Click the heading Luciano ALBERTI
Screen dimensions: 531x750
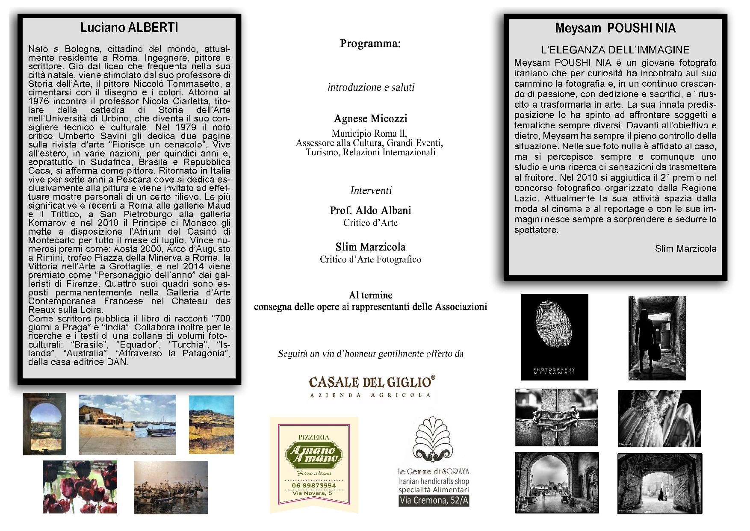(x=129, y=28)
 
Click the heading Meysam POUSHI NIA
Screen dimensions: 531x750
(x=615, y=28)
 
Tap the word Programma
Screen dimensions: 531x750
(x=370, y=44)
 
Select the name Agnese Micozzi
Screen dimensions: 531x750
(x=370, y=118)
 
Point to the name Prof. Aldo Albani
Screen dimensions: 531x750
(x=370, y=210)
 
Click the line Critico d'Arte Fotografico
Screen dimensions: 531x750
(x=370, y=259)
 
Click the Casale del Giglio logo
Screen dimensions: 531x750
(x=372, y=386)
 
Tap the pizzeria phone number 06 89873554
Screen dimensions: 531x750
(x=314, y=485)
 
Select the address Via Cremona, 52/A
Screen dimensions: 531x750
(x=434, y=500)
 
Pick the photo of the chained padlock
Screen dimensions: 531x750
(x=556, y=417)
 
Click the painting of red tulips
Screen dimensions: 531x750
(x=80, y=487)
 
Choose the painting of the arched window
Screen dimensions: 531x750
(x=44, y=424)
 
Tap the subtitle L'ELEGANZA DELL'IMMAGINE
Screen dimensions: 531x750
(x=615, y=50)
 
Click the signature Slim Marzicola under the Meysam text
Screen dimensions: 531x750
(x=685, y=248)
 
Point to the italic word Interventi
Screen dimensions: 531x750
(x=371, y=191)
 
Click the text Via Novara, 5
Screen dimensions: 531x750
(x=312, y=493)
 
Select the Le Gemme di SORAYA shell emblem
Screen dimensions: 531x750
(x=433, y=440)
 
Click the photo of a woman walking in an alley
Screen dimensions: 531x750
(x=657, y=338)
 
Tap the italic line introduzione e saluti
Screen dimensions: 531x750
(x=371, y=87)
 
